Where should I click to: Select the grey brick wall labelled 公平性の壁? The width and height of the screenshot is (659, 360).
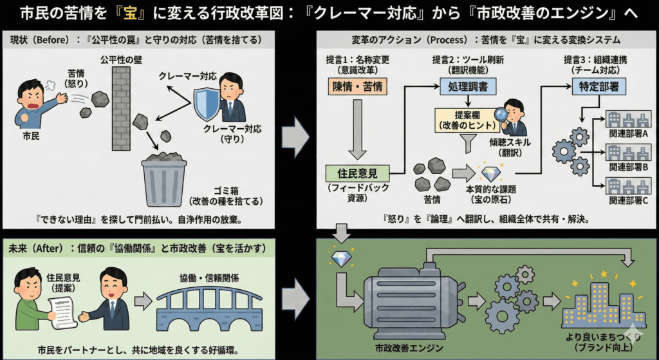click(120, 106)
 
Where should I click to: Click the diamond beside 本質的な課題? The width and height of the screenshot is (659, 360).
click(491, 173)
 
